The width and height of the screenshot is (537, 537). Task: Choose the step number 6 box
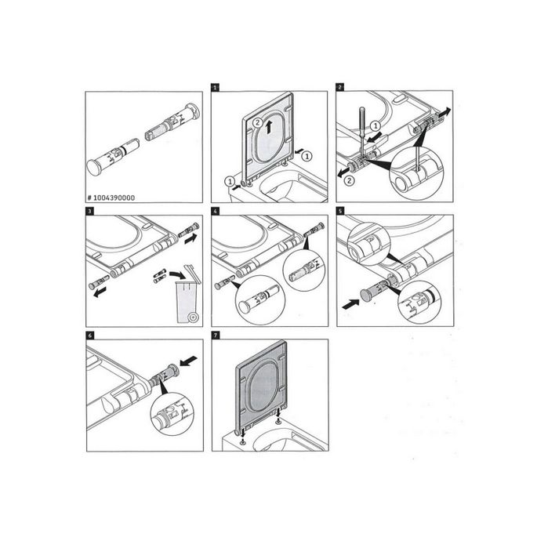90,334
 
